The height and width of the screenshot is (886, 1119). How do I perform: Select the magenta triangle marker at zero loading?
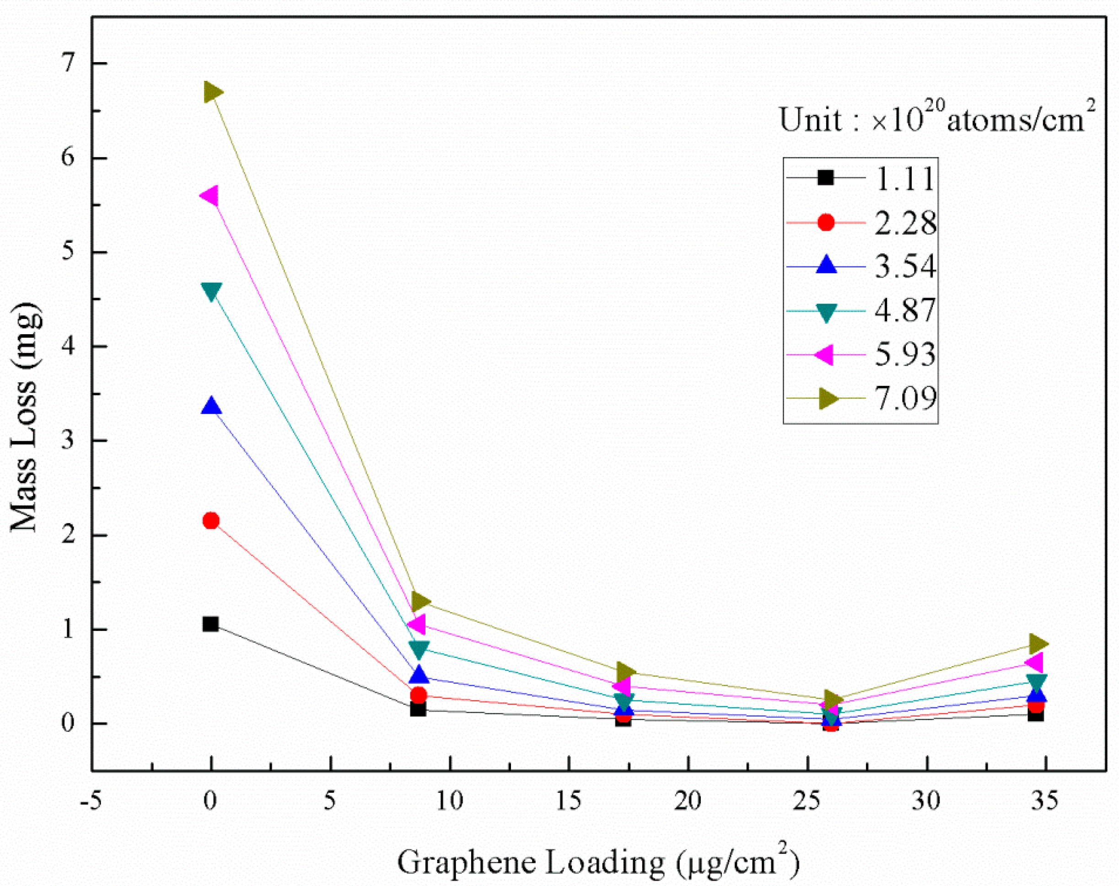tap(210, 196)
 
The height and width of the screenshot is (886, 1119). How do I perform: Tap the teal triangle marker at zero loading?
tap(211, 291)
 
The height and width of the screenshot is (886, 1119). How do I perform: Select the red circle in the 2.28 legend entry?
tap(826, 223)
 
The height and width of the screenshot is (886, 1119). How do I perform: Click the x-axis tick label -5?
tap(91, 801)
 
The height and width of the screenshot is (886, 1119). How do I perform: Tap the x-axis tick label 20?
tap(688, 801)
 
